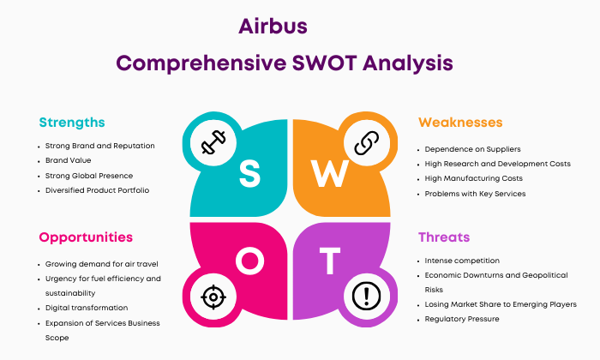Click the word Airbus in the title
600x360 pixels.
coord(273,27)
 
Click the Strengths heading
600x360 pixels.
coord(72,123)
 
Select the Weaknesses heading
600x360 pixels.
coord(460,123)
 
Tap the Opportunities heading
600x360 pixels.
coord(86,237)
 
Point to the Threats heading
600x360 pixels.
coord(444,237)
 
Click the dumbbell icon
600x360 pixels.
coord(213,142)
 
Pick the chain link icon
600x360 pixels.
coord(367,142)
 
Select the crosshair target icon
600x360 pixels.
coord(213,297)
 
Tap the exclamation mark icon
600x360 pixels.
coord(367,296)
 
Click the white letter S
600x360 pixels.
coord(249,173)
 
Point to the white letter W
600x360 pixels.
coord(329,173)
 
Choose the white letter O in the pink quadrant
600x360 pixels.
coord(249,261)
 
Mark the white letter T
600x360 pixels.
coord(330,261)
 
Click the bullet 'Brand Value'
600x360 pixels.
coord(68,160)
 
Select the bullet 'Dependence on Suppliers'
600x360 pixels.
coord(472,149)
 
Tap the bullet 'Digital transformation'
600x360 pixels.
coord(87,308)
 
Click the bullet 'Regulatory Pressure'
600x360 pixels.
coord(462,319)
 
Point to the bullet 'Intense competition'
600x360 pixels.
coord(462,261)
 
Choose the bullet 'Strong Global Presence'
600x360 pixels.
coord(89,176)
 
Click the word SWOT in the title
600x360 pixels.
coord(325,63)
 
